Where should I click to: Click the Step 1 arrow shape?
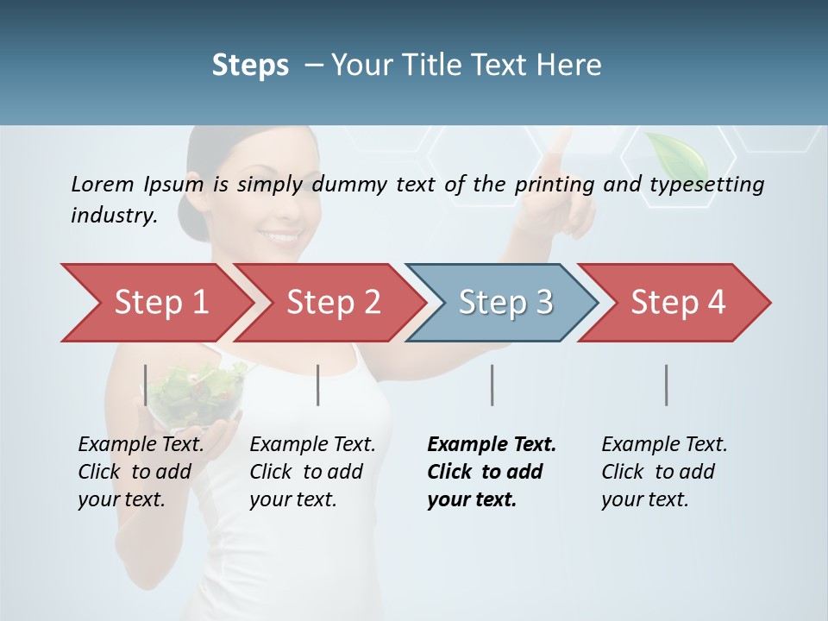pyautogui.click(x=155, y=303)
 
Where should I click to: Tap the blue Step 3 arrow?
pyautogui.click(x=505, y=303)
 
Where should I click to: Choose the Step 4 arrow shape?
pyautogui.click(x=677, y=303)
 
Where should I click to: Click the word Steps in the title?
pyautogui.click(x=250, y=66)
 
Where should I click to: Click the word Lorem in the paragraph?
pyautogui.click(x=103, y=184)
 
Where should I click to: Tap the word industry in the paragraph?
pyautogui.click(x=113, y=216)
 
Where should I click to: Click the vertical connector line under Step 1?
pyautogui.click(x=146, y=385)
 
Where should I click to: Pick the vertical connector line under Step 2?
pyautogui.click(x=318, y=385)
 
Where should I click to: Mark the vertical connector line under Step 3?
pyautogui.click(x=492, y=385)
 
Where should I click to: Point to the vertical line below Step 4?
pyautogui.click(x=666, y=385)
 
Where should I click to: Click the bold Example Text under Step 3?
pyautogui.click(x=492, y=445)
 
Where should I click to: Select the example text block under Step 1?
pyautogui.click(x=141, y=472)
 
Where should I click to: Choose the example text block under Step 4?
pyautogui.click(x=664, y=472)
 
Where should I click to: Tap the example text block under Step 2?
pyautogui.click(x=312, y=472)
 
